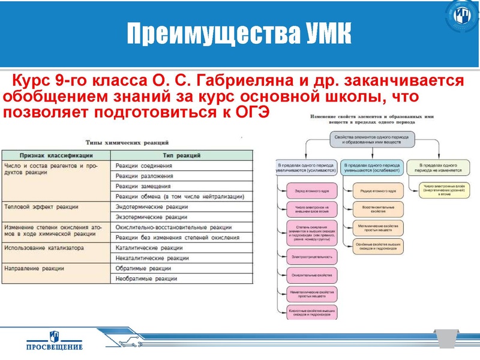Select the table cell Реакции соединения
point(144,166)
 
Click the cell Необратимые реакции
point(146,278)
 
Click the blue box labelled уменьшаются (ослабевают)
point(371,167)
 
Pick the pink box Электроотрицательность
point(308,256)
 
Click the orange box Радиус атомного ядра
point(378,192)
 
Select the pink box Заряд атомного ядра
point(308,192)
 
